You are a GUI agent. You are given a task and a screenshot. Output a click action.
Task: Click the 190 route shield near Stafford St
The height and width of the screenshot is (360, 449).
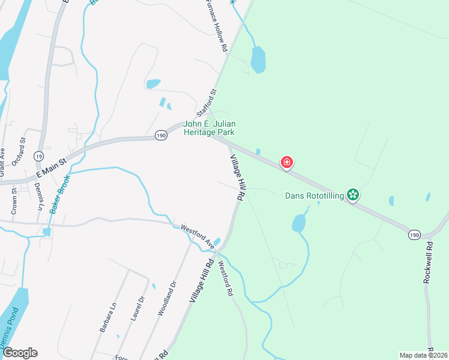pos(160,136)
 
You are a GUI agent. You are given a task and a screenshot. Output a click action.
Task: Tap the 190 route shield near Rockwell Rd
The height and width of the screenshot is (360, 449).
pos(415,235)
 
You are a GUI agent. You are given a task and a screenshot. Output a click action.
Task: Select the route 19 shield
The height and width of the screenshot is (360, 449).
pos(38,155)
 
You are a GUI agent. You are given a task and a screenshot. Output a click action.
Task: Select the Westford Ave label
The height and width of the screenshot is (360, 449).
pos(198,236)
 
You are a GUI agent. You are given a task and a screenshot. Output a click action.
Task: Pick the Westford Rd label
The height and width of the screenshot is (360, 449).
pos(225,278)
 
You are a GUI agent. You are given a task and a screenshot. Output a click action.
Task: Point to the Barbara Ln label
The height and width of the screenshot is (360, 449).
pos(107,319)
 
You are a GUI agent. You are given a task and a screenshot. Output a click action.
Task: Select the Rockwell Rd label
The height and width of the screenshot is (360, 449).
pos(428,262)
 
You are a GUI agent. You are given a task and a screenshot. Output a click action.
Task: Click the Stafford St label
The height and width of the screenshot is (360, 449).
pos(206,103)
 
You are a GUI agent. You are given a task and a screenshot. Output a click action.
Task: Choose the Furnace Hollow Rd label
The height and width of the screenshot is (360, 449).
pos(215,25)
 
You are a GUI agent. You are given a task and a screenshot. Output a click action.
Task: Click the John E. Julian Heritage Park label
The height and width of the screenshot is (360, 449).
pos(208,128)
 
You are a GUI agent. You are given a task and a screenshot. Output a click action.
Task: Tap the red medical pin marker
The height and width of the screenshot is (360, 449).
pos(288,162)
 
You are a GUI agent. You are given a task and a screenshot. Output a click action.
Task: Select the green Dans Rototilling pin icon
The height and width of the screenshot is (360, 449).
pos(354,194)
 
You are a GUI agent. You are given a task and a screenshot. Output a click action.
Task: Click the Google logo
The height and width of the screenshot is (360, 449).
pos(20,353)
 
